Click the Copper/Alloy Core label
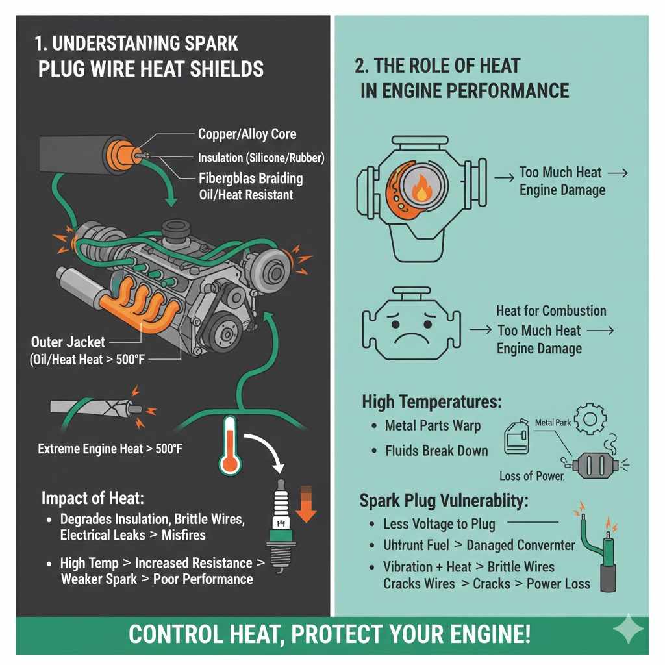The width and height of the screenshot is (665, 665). click(x=247, y=134)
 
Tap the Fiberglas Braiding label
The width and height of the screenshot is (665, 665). click(x=250, y=177)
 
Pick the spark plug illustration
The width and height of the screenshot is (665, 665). click(x=281, y=525)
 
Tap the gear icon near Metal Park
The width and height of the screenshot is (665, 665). click(x=590, y=420)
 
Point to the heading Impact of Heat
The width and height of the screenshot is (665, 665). click(x=92, y=498)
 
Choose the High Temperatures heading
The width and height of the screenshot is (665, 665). click(x=431, y=402)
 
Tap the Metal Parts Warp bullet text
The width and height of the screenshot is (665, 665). click(x=433, y=426)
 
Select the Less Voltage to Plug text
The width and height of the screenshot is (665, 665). click(x=439, y=524)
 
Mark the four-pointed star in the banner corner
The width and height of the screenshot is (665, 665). click(x=629, y=629)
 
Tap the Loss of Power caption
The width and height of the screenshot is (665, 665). click(x=531, y=475)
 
